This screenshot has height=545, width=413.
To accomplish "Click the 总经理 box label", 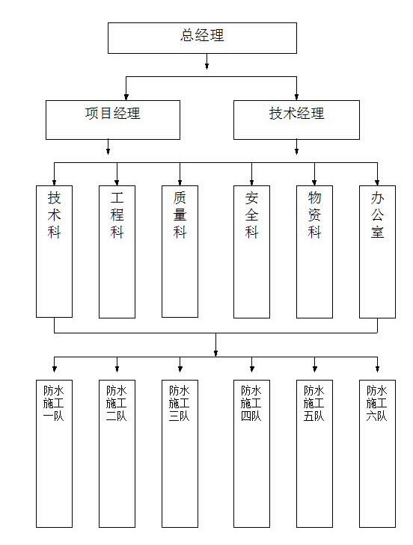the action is point(202,35).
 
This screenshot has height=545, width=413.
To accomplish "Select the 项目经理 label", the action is point(113,114).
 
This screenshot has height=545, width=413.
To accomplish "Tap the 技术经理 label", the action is point(296,114).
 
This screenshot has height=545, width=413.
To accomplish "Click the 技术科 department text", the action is point(55,215).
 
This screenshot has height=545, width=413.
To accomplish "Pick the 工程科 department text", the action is point(117,215).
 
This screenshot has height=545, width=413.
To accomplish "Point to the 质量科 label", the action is point(180,215).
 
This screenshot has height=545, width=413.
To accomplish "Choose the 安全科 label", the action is point(251,215).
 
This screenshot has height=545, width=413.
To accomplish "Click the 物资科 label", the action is point(314,215).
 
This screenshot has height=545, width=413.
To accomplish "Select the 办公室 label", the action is point(378,215).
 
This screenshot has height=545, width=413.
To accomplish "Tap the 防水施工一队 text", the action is point(54,404).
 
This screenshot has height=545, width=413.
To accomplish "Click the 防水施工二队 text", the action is point(117,404).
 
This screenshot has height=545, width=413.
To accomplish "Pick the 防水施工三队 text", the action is point(180,404).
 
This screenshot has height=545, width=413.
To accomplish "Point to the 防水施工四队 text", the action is point(251,404).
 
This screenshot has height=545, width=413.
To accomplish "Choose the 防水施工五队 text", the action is point(314,404).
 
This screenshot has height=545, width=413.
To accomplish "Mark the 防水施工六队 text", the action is point(377,404).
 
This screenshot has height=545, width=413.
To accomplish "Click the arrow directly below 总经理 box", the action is point(206,61).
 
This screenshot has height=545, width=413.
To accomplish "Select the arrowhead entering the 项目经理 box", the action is point(126,97).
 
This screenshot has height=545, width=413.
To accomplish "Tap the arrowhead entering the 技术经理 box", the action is point(296,97).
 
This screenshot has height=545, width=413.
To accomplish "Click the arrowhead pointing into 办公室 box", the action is point(377,182).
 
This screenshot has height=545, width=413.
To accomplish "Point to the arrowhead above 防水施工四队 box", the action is point(252,369).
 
